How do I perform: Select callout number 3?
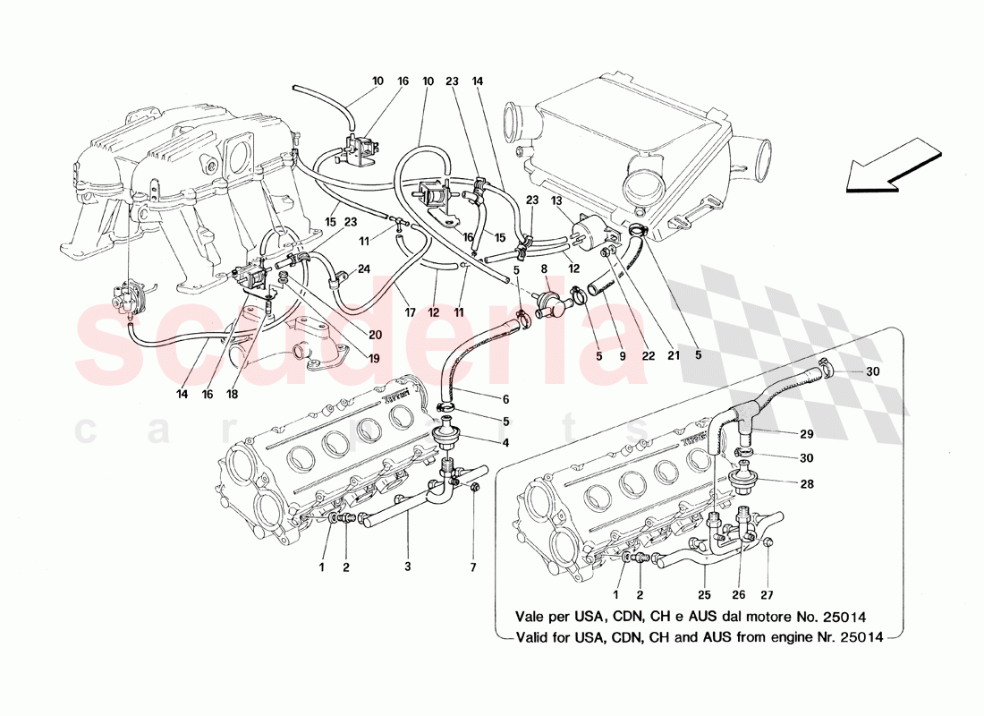tap(408, 567)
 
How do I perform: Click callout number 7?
tap(474, 567)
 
